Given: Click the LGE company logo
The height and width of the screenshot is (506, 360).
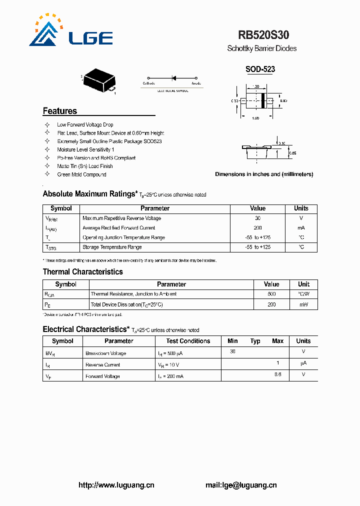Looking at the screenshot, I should pos(70,33).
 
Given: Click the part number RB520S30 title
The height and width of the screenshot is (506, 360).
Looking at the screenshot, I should pos(263,35).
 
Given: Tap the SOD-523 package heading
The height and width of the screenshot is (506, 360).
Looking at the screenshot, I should pos(260,69).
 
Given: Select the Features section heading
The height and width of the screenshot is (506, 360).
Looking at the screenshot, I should pos(60,111).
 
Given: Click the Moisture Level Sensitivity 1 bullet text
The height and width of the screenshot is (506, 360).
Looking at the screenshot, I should pos(85,149).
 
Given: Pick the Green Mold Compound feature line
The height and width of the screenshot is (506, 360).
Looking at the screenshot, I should pos(81,174).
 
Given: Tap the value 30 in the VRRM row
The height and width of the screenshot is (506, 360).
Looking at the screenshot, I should pos(258,218).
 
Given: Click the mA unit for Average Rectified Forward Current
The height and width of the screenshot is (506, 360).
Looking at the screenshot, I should pos(301,227).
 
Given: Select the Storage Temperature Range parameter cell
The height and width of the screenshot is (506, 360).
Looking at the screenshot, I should pos(112,247).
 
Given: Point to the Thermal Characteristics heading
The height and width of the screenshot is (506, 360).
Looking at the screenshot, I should pos(82,272).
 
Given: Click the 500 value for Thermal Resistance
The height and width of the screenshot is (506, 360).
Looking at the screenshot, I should pos(271,294).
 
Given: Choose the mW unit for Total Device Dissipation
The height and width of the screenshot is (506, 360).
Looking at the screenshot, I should pos(303,304).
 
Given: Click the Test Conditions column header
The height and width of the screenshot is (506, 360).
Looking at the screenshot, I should pos(188,341).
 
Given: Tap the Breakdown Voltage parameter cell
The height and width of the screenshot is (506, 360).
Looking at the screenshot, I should pos(105,353).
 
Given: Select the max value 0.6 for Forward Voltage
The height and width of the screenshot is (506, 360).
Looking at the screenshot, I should pos(277,374).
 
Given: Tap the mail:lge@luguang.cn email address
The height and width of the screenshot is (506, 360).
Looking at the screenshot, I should pos(241,485).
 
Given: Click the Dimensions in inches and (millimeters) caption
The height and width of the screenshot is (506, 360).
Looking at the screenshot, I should pos(264,174).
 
